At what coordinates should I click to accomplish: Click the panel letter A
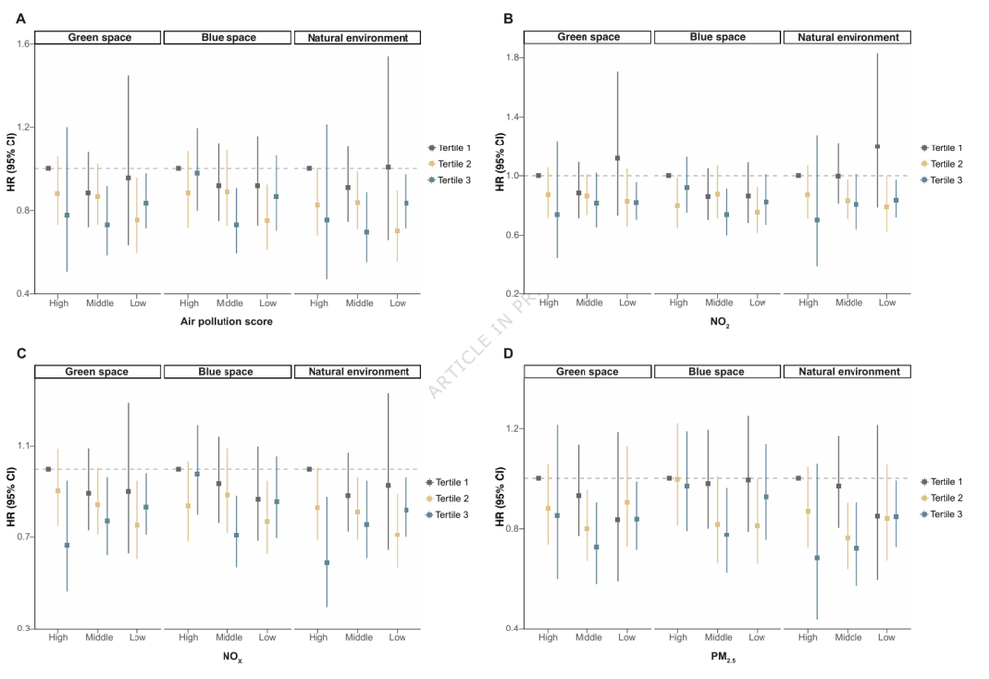click(21, 18)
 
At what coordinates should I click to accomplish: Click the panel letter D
click(508, 353)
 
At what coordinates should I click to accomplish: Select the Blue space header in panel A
click(226, 38)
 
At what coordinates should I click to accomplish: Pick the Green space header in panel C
click(97, 372)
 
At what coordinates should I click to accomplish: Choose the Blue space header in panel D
click(717, 372)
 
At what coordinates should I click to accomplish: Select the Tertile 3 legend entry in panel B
click(945, 180)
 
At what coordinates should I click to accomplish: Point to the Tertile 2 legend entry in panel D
click(945, 498)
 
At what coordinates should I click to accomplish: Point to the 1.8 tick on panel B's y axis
click(511, 58)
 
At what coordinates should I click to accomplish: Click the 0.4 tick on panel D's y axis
click(511, 629)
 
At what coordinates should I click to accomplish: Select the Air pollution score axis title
click(226, 322)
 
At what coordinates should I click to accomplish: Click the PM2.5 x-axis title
click(717, 657)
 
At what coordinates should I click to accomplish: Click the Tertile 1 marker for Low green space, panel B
click(617, 158)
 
